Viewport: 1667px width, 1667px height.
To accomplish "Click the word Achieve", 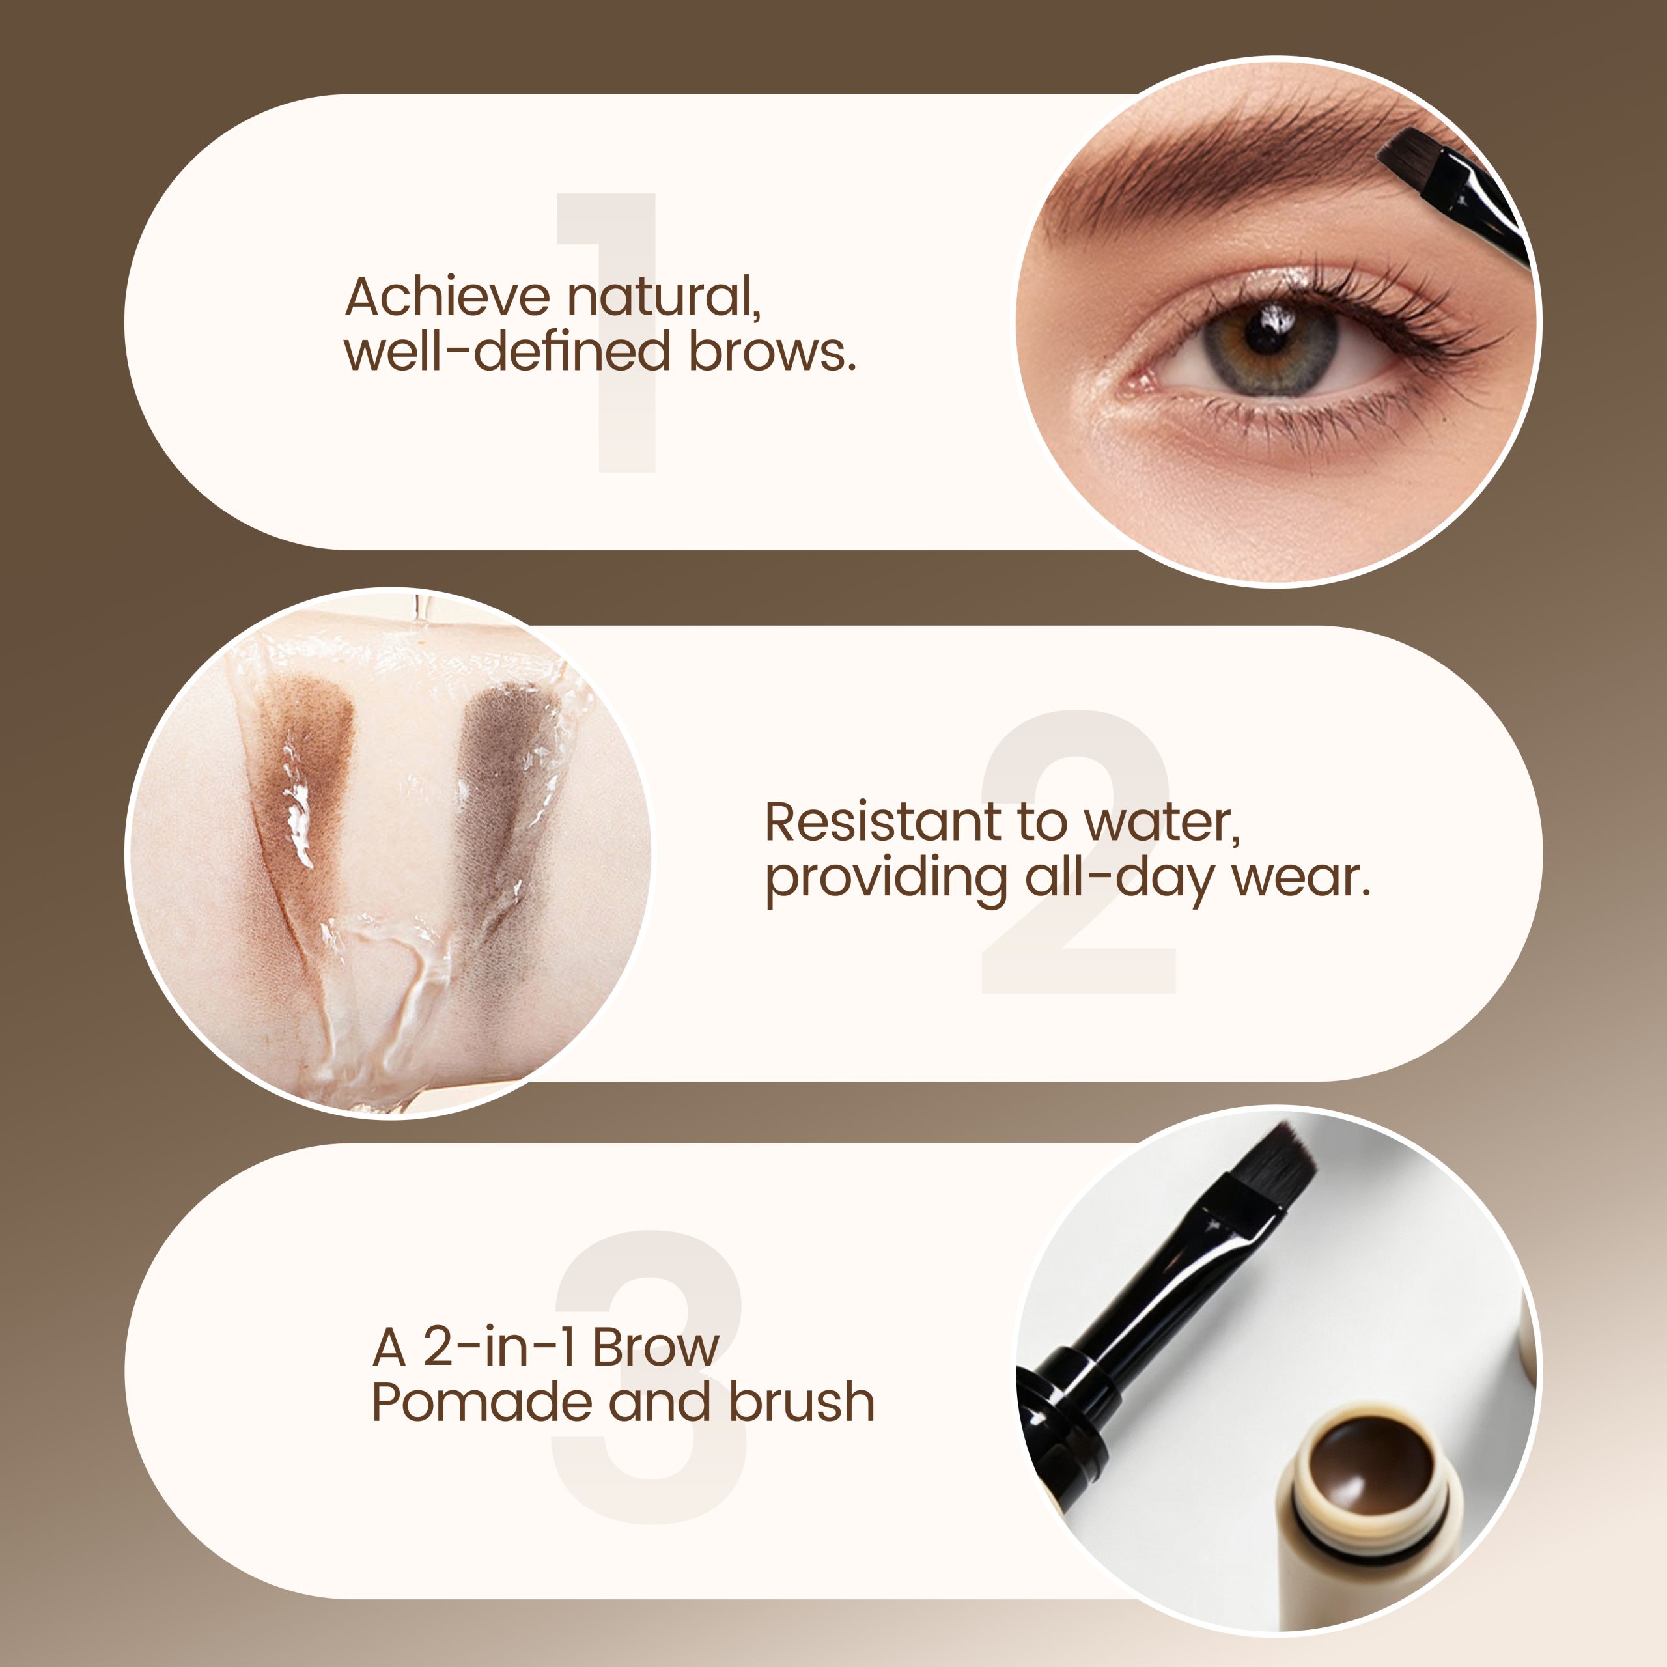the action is coord(447,297).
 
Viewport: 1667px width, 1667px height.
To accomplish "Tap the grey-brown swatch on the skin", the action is coord(505,777).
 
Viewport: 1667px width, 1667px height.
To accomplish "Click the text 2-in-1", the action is coord(499,1347).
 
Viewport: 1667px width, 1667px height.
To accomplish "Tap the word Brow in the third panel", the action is coord(656,1347).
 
